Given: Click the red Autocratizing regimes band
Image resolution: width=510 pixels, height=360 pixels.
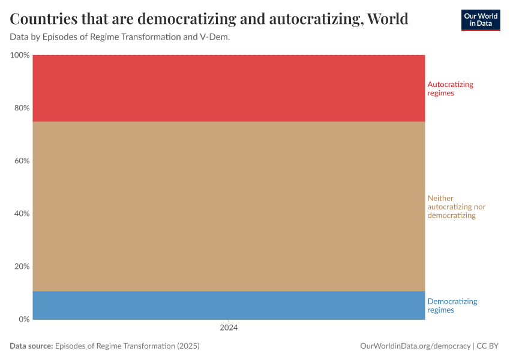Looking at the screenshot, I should pyautogui.click(x=229, y=88).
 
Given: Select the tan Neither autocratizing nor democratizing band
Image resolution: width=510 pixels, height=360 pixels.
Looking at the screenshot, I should pyautogui.click(x=229, y=206).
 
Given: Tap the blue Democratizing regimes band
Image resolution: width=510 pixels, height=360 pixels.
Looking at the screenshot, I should pyautogui.click(x=229, y=305).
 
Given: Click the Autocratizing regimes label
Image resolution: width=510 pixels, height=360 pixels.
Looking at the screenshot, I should pyautogui.click(x=450, y=89).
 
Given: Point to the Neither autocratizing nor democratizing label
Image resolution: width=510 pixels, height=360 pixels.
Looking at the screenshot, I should pyautogui.click(x=456, y=206).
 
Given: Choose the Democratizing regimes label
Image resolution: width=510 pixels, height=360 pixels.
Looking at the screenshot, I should pyautogui.click(x=452, y=305).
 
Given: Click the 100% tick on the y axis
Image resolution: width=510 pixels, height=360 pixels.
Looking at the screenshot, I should pyautogui.click(x=20, y=55).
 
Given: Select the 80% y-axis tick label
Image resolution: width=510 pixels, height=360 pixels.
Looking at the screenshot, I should pyautogui.click(x=22, y=108).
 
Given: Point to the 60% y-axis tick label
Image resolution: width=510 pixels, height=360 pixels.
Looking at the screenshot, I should pyautogui.click(x=22, y=161).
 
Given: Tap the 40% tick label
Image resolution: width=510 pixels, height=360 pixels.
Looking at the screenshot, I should pyautogui.click(x=22, y=214).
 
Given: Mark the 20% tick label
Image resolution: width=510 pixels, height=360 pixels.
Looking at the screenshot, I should pyautogui.click(x=22, y=266).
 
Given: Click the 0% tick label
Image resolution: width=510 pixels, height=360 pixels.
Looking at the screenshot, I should pyautogui.click(x=23, y=319).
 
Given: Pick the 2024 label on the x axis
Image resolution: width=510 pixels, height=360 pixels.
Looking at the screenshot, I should pyautogui.click(x=229, y=328).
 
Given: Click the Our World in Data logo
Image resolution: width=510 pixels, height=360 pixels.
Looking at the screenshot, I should pyautogui.click(x=480, y=20).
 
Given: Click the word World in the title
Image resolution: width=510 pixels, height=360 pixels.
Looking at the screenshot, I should pyautogui.click(x=388, y=19).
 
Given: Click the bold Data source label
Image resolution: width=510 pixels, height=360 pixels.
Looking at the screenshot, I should pyautogui.click(x=31, y=346).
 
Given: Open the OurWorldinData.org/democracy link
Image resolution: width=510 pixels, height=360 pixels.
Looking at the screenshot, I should pyautogui.click(x=415, y=346).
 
